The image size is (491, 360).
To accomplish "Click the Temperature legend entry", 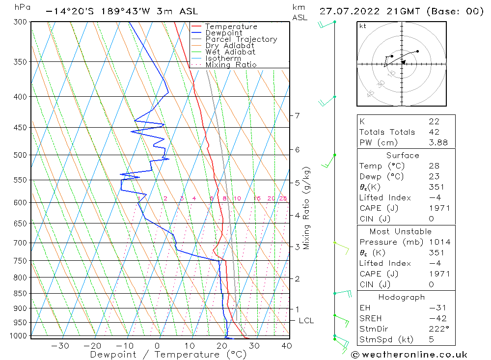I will point(231,27).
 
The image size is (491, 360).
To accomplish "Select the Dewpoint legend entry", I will point(223,33).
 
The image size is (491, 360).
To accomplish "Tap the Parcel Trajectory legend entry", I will point(241,39).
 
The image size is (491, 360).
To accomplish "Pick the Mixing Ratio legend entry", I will point(231,65).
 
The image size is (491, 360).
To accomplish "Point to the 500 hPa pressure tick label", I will point(20,155).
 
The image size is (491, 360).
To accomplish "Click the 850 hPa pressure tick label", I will point(20,294).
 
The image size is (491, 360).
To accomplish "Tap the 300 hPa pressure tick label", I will point(20,22).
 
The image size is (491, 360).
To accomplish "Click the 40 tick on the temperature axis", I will point(287,346).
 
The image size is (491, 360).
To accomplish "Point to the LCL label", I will point(306,321).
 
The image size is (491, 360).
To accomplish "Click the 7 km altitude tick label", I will point(297,116).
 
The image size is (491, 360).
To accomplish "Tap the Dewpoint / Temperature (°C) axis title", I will point(168,355).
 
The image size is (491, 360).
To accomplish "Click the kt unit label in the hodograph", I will point(362,26).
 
